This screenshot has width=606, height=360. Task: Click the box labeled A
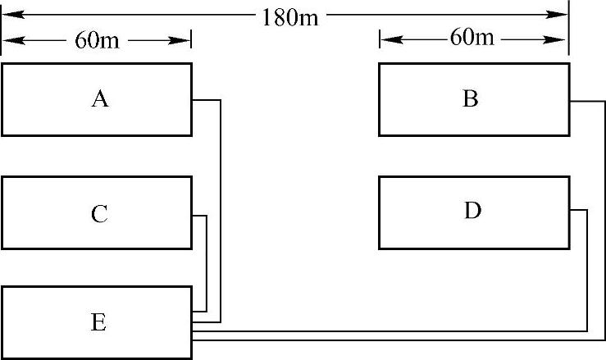(97, 99)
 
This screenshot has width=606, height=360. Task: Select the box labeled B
(473, 99)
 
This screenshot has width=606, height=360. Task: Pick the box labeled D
(473, 212)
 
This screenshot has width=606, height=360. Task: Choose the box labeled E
(97, 322)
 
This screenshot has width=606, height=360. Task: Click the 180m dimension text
(289, 16)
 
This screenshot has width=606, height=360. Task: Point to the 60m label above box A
(98, 40)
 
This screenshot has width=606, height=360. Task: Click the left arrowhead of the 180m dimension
(11, 14)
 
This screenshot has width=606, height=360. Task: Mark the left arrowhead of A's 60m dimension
(11, 39)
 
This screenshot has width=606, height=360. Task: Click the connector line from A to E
(221, 205)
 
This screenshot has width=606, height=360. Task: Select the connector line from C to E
(206, 262)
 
